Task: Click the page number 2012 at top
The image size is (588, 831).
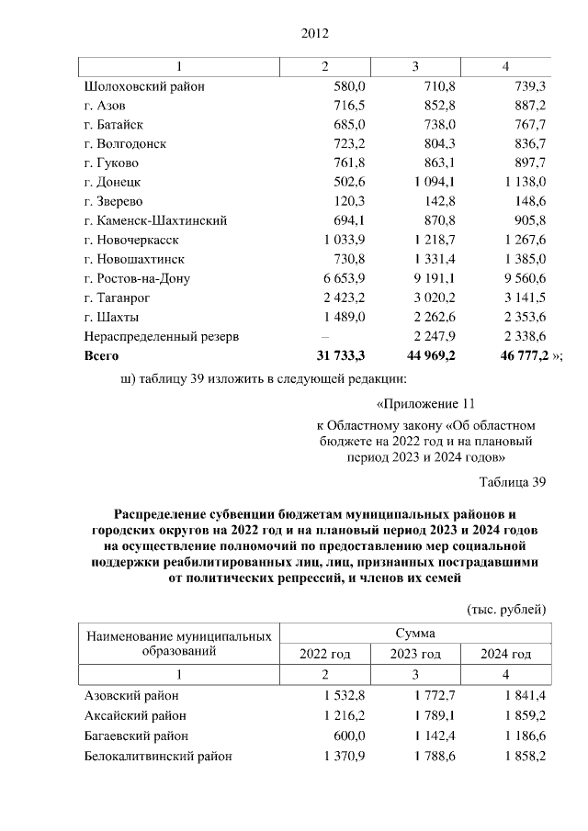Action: pos(314,35)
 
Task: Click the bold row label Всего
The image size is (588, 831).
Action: pos(102,355)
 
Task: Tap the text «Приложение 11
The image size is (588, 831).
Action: pos(426,403)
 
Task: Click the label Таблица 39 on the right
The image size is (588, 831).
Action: pos(513,481)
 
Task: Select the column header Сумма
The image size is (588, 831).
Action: pos(415,634)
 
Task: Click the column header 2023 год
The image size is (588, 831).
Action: pos(415,654)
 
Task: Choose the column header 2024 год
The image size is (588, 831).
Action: pos(506,654)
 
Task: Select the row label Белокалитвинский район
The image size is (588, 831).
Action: pos(157,756)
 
